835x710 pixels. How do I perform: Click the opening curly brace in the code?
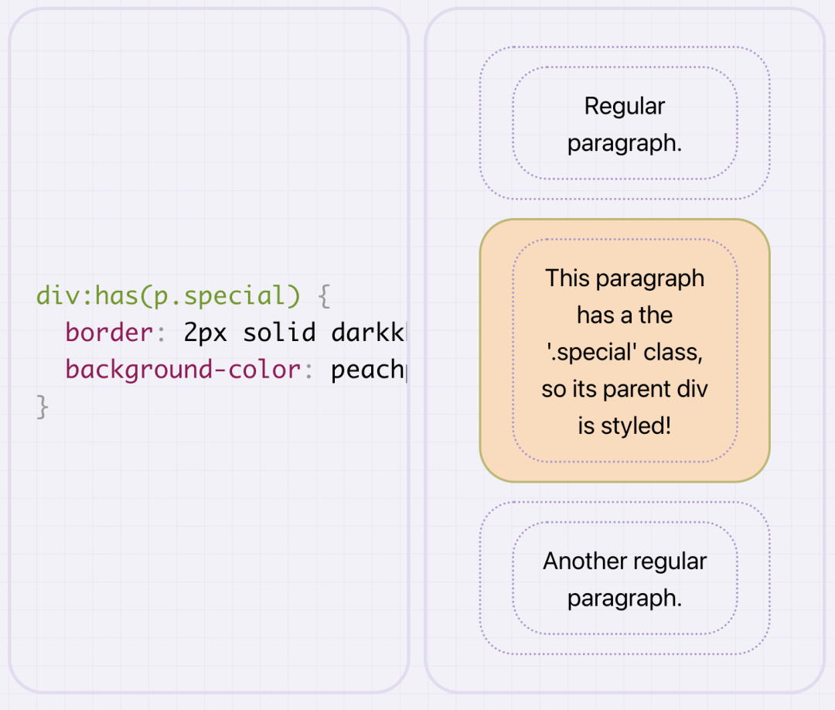(x=324, y=296)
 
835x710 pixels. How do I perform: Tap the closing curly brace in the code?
(x=43, y=408)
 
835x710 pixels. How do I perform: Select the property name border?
(x=110, y=333)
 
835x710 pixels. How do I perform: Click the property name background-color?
(x=182, y=370)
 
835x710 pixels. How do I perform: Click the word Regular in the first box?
(x=625, y=106)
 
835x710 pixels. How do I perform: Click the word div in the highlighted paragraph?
(x=695, y=389)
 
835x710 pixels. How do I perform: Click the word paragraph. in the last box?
(x=625, y=598)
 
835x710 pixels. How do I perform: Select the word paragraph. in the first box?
(x=625, y=143)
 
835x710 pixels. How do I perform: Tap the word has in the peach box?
(x=593, y=315)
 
